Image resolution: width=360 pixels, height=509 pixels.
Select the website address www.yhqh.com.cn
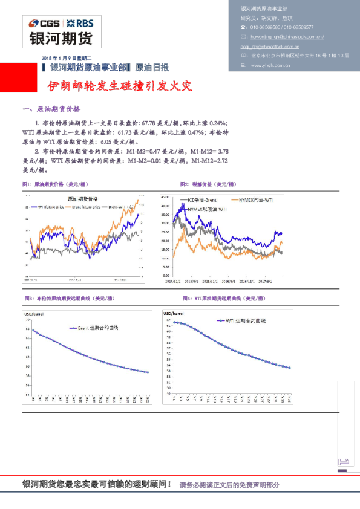tap(271, 65)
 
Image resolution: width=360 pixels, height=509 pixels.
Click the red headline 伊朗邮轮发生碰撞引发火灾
tap(120, 86)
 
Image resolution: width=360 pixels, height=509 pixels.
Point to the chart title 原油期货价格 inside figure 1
tap(83, 198)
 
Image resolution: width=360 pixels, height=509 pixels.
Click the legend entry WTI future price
tap(51, 207)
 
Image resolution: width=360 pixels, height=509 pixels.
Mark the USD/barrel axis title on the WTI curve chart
tap(174, 314)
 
